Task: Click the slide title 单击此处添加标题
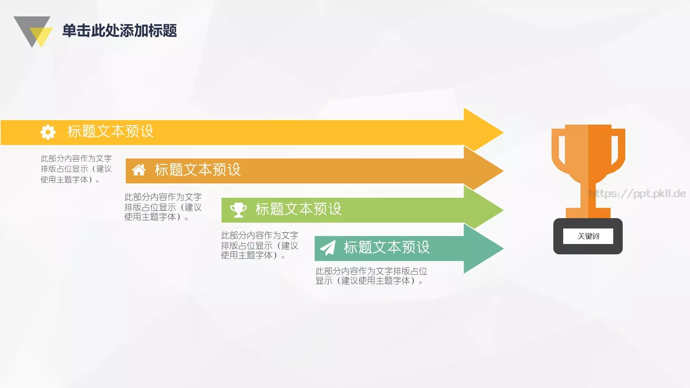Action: (x=119, y=31)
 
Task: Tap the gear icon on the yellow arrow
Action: (x=48, y=132)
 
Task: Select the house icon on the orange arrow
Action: (x=138, y=170)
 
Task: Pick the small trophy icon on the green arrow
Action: (x=238, y=210)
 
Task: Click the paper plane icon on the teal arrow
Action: (x=328, y=248)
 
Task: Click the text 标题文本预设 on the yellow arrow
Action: (x=110, y=131)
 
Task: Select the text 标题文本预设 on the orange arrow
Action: (x=198, y=170)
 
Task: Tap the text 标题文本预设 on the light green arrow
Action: (x=298, y=209)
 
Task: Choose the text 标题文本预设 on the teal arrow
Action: (x=386, y=247)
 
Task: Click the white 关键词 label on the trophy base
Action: (x=588, y=236)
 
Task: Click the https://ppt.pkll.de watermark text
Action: (x=637, y=194)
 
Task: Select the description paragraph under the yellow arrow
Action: (x=76, y=169)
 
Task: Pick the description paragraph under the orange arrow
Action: (x=163, y=207)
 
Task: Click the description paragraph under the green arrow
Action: (x=259, y=245)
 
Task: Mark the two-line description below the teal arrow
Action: (x=371, y=276)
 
